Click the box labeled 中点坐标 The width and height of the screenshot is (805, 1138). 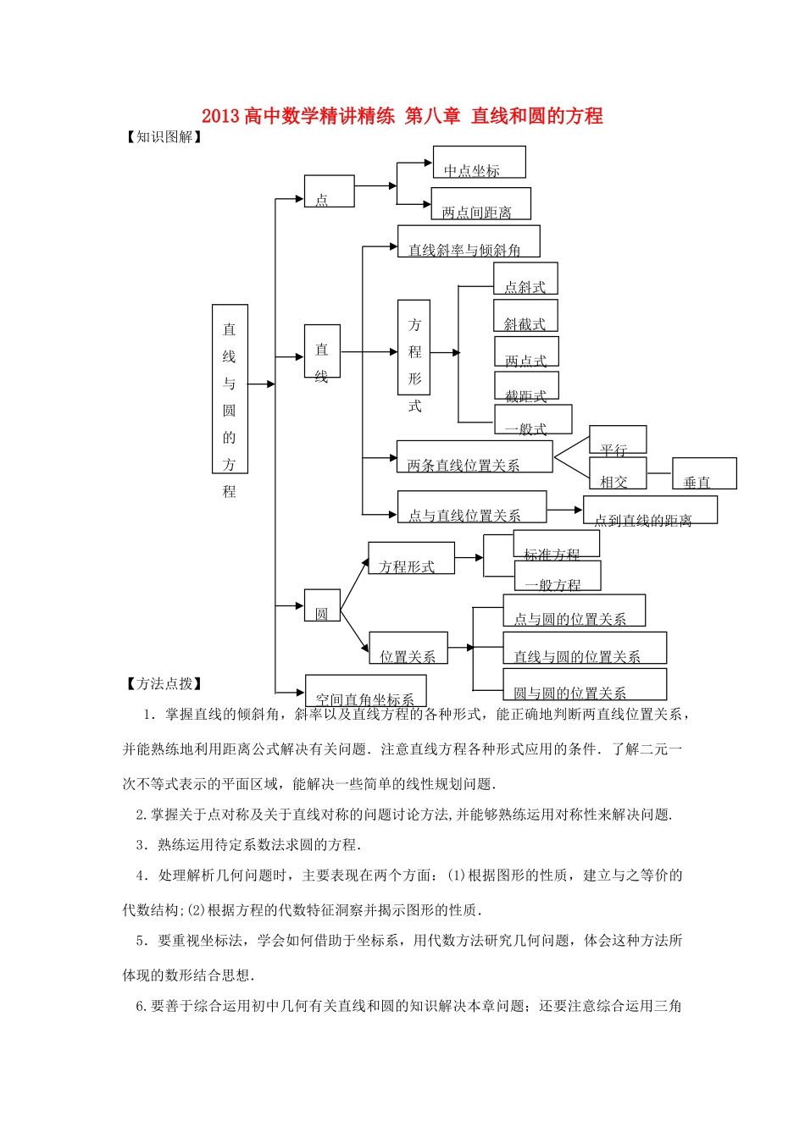click(x=479, y=162)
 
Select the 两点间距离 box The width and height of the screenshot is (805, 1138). click(x=480, y=204)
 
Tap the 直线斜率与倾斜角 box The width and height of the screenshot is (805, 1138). click(x=469, y=241)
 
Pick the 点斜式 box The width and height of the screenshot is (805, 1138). click(x=525, y=279)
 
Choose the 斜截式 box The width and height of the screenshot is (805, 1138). click(x=525, y=316)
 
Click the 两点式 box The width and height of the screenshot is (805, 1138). click(x=526, y=353)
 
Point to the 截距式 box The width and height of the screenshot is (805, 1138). click(x=526, y=387)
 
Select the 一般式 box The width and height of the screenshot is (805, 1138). click(x=533, y=420)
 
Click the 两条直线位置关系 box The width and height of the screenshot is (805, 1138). click(x=475, y=456)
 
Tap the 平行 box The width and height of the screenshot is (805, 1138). click(x=618, y=440)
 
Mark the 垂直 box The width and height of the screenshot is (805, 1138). click(x=704, y=473)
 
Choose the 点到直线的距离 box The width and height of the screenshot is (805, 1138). click(x=650, y=510)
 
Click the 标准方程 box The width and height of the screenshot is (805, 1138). click(x=556, y=544)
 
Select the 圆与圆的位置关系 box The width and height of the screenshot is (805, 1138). click(x=585, y=684)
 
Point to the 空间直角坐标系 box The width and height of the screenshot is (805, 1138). click(x=365, y=691)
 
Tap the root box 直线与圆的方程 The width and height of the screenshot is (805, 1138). click(x=230, y=389)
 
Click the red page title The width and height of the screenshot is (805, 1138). click(x=402, y=116)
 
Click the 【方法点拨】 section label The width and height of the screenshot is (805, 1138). click(x=164, y=684)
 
